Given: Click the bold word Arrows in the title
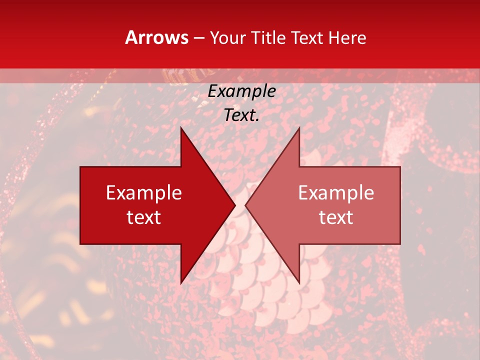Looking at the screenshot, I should [x=157, y=37].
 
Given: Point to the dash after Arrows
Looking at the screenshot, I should [x=199, y=38].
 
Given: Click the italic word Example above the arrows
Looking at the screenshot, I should [x=241, y=91].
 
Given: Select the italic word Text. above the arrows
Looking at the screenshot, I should [x=241, y=115].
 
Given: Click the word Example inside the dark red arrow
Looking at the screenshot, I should [x=143, y=193].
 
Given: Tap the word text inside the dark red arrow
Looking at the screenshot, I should [x=143, y=217].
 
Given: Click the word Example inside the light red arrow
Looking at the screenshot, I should [x=336, y=193].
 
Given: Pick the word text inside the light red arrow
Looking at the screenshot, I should [x=336, y=217].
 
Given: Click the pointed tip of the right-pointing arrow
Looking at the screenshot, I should [x=235, y=205].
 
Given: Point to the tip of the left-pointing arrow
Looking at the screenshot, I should [x=245, y=205].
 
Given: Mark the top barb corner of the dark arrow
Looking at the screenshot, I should [x=181, y=127].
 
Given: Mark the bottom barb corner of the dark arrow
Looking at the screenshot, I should [x=181, y=283].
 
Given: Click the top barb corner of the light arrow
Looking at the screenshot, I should [x=299, y=127].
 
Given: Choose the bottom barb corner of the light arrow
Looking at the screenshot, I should [x=299, y=283].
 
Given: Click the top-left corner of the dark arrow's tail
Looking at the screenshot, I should [x=80, y=167].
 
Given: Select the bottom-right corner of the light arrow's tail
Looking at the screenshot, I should [x=400, y=244].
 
